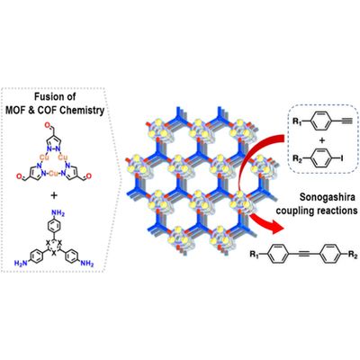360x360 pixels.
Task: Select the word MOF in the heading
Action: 16,110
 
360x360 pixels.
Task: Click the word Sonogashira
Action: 328,197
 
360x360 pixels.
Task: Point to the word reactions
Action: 337,211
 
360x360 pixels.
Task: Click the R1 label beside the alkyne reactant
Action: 297,121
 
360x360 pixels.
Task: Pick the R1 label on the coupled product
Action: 255,256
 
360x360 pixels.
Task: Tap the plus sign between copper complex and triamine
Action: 53,196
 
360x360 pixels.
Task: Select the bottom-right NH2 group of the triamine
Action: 87,264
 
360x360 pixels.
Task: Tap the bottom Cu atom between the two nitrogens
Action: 53,174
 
